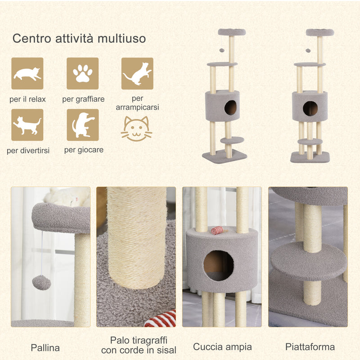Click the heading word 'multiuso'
(x=122, y=38)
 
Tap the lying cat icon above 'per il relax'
(x=27, y=73)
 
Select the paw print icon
(x=82, y=73)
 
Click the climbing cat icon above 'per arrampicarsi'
(x=137, y=73)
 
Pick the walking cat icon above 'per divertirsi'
(x=27, y=125)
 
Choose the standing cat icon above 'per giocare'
(x=82, y=125)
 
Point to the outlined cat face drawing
(x=136, y=129)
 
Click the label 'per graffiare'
(x=82, y=99)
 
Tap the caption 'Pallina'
(x=45, y=347)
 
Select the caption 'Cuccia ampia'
(x=222, y=347)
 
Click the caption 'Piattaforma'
(x=310, y=347)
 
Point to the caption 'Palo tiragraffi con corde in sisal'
(x=139, y=345)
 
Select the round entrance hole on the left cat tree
(x=230, y=108)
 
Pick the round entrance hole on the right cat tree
(x=310, y=108)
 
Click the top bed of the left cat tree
(x=232, y=32)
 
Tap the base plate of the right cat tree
(x=310, y=157)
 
